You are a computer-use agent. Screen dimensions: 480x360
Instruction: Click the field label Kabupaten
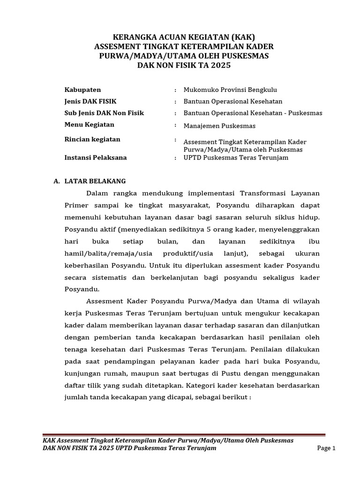(82, 90)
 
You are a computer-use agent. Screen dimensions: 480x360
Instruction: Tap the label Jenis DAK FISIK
(90, 101)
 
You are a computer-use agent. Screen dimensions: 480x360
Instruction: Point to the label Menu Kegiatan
(89, 125)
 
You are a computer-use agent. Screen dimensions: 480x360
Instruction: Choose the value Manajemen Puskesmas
(219, 126)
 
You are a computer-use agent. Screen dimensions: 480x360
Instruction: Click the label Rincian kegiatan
(92, 139)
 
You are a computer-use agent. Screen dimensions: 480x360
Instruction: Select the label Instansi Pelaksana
(96, 157)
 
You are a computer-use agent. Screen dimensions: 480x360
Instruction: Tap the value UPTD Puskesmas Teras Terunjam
(236, 158)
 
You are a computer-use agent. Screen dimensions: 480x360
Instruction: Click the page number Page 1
(327, 448)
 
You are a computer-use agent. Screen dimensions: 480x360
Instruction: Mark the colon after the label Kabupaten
(175, 90)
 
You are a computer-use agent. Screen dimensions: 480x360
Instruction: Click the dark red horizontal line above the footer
(184, 435)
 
